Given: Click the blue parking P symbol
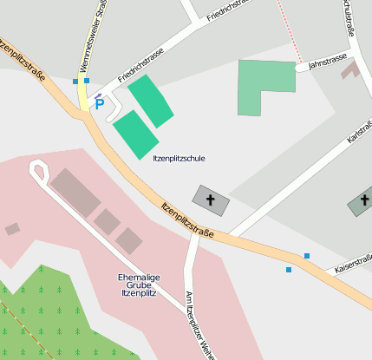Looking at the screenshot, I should point(99,103).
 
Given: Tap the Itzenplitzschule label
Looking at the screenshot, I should point(179,159).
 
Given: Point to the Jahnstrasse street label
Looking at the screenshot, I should point(327,58).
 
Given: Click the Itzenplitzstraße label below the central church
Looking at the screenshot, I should point(187,219).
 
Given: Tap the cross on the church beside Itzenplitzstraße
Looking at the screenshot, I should point(211,200).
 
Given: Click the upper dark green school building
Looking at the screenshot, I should point(150,101).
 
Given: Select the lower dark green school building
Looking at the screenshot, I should point(135,134).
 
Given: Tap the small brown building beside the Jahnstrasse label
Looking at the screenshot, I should point(350,69).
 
